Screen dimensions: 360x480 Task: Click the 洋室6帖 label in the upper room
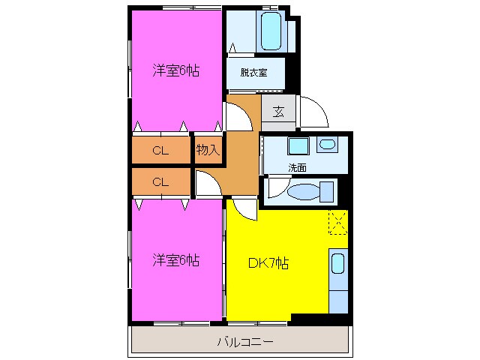[x=176, y=71]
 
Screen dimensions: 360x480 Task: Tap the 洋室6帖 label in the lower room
[x=176, y=261]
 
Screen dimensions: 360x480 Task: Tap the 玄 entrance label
[x=278, y=112]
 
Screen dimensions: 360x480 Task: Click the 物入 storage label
[x=208, y=150]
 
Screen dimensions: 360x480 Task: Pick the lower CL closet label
[x=160, y=181]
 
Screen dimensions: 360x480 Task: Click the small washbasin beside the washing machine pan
[x=328, y=145]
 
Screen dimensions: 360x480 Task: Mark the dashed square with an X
[x=337, y=223]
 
